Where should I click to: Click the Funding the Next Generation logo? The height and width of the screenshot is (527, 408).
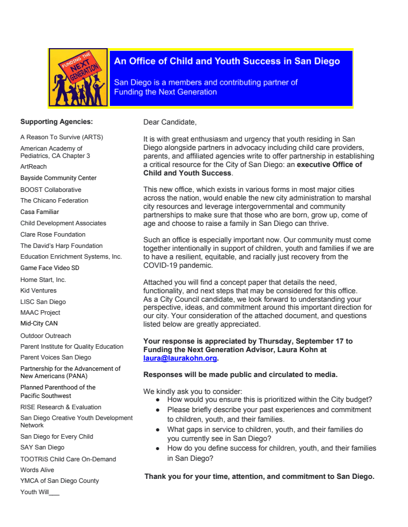[x=78, y=78]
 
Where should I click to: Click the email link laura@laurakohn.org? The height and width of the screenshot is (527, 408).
[x=180, y=358]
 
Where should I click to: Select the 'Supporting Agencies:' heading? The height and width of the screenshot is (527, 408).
[x=57, y=121]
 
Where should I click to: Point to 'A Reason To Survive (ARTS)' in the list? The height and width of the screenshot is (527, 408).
[x=62, y=137]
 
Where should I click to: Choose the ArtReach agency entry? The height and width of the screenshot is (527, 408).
[x=33, y=166]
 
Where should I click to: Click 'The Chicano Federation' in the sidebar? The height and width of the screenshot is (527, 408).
[x=54, y=200]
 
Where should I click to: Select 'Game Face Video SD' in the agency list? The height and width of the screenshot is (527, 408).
[x=50, y=268]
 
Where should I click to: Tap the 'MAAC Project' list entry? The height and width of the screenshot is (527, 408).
[x=40, y=312]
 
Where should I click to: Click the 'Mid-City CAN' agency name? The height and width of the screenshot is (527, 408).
[x=39, y=324]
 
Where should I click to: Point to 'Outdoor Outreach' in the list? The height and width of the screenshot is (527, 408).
[x=46, y=336]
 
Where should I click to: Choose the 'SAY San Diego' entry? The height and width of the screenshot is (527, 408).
[x=42, y=447]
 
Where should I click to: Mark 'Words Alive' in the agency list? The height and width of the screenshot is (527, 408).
[x=37, y=470]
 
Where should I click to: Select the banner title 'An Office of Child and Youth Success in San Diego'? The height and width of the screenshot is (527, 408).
[x=227, y=61]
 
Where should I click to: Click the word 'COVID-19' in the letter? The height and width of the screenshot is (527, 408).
[x=163, y=265]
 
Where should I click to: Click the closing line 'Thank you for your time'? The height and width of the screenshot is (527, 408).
[x=260, y=477]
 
